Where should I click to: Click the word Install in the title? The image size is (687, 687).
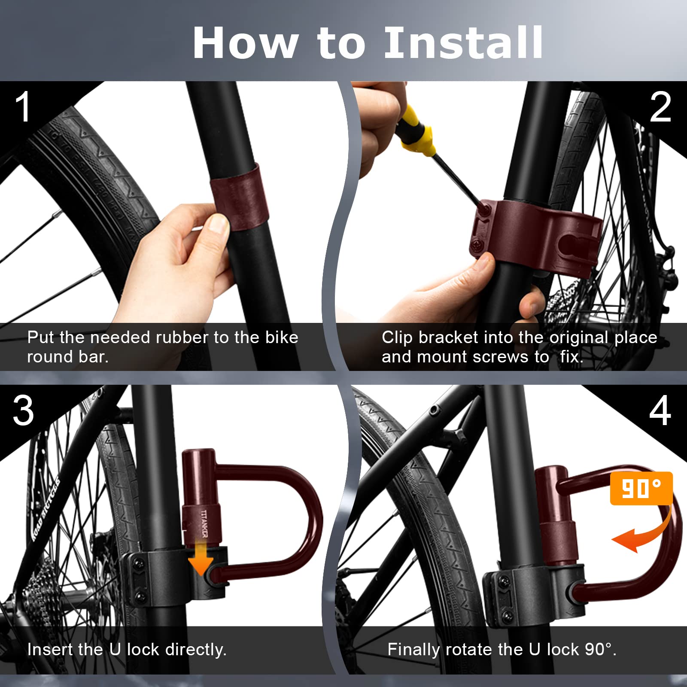tap(464, 43)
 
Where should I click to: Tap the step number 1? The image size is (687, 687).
tap(23, 107)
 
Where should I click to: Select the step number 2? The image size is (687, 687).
tap(660, 107)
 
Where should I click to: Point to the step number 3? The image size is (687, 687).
tap(23, 410)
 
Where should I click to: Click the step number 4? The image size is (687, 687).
tap(660, 410)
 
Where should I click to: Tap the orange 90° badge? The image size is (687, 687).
tap(641, 489)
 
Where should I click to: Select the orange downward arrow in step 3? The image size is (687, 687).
tap(201, 558)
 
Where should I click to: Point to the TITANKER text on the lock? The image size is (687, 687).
tap(204, 523)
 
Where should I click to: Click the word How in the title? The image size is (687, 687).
tap(245, 43)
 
